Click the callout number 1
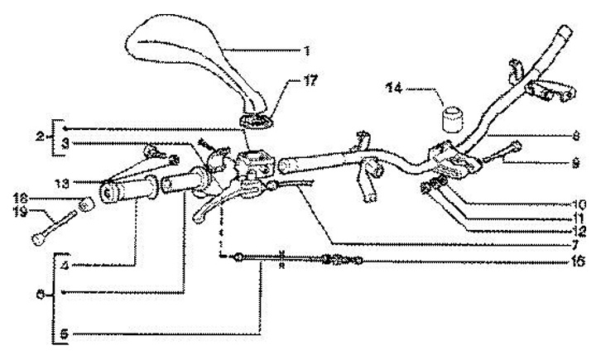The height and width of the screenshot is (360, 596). (x=308, y=51)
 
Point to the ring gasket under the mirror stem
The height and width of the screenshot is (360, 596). (x=258, y=122)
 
